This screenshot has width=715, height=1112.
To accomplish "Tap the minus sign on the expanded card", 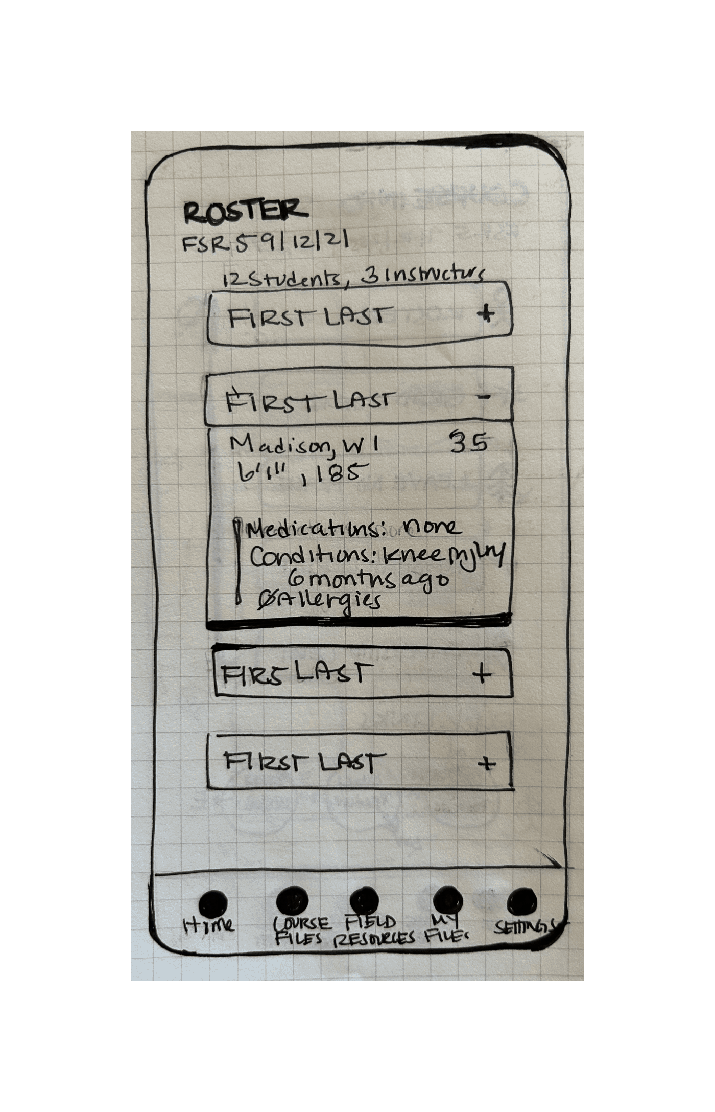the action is tap(485, 397).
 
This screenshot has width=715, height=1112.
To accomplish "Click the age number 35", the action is tap(469, 443).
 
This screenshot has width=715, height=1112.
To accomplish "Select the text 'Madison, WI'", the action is tap(305, 446).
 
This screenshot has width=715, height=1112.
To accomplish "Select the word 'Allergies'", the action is tap(327, 600).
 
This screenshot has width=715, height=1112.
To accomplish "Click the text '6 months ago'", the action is tap(368, 580).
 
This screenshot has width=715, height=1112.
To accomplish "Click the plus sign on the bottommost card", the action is tap(487, 764).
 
